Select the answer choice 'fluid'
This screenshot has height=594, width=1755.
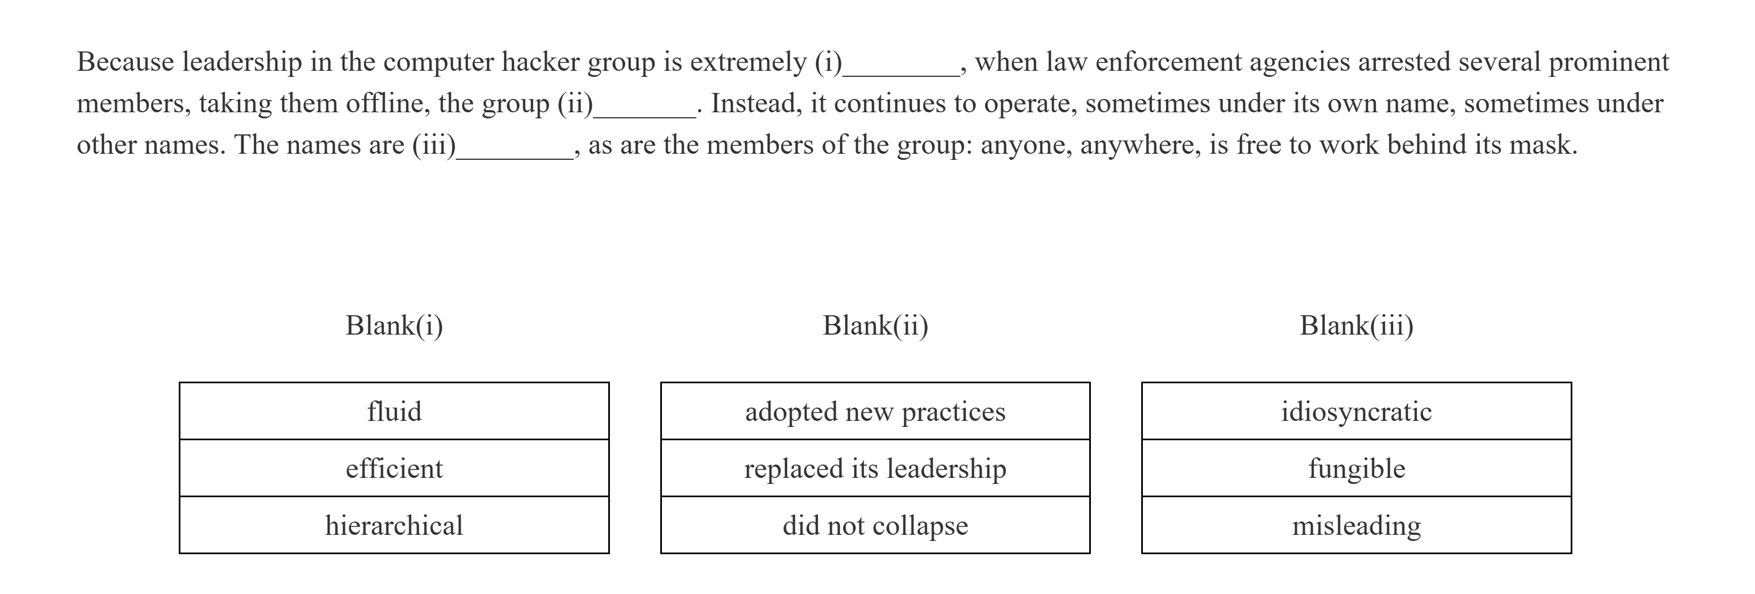(394, 411)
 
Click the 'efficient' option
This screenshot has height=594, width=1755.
(394, 468)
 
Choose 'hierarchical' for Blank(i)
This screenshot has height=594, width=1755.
(394, 525)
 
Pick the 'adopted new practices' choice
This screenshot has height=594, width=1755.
(875, 411)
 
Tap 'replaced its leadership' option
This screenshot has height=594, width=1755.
(875, 468)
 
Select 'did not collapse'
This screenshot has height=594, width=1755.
(875, 525)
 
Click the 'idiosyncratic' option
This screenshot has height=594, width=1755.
(1356, 411)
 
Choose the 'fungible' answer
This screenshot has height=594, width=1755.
(1356, 468)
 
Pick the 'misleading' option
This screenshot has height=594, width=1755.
(1356, 525)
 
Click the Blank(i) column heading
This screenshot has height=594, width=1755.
(394, 326)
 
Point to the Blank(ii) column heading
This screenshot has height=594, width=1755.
(875, 326)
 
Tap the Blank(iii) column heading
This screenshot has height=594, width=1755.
(1356, 326)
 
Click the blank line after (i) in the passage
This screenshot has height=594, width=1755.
(900, 71)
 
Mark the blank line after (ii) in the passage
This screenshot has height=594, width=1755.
(645, 112)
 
